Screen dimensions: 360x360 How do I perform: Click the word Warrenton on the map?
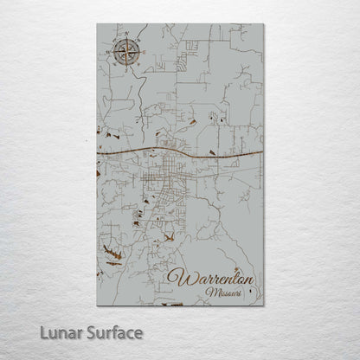point(213,279)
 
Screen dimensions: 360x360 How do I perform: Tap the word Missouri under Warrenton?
point(224,294)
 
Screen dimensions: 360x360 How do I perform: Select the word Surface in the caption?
point(112,331)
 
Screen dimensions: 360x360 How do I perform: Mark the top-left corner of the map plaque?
point(97,23)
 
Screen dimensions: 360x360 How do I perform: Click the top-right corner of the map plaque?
point(263,23)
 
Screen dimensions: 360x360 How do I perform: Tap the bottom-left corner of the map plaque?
point(97,305)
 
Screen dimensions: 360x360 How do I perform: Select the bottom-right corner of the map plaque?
point(263,305)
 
